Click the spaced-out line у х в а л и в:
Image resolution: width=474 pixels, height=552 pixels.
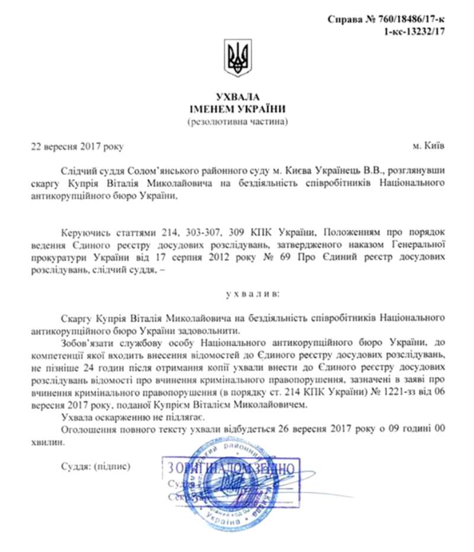click(x=238, y=293)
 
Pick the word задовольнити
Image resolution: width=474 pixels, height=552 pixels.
click(x=199, y=330)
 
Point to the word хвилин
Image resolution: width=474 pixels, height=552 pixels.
click(x=54, y=442)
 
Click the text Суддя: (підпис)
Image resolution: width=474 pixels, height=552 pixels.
click(x=95, y=466)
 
